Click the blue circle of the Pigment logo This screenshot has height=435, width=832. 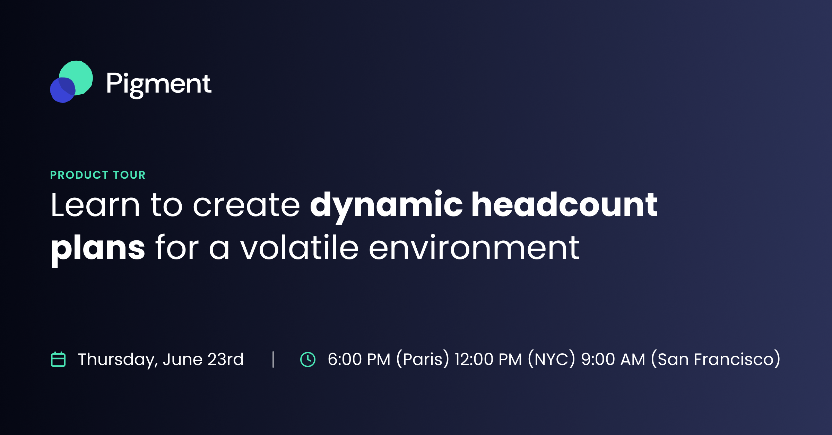(x=62, y=90)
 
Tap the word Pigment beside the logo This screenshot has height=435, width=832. (x=158, y=84)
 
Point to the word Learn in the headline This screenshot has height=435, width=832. (x=95, y=205)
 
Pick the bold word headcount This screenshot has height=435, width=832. (x=564, y=204)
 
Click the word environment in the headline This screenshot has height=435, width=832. (x=474, y=247)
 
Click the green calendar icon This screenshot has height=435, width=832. (x=58, y=359)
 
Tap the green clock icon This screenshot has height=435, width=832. (x=308, y=359)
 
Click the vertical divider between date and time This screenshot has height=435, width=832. (x=273, y=359)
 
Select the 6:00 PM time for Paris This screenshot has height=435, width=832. (x=359, y=359)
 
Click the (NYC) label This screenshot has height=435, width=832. (x=552, y=359)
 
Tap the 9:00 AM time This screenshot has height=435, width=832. (x=613, y=359)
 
